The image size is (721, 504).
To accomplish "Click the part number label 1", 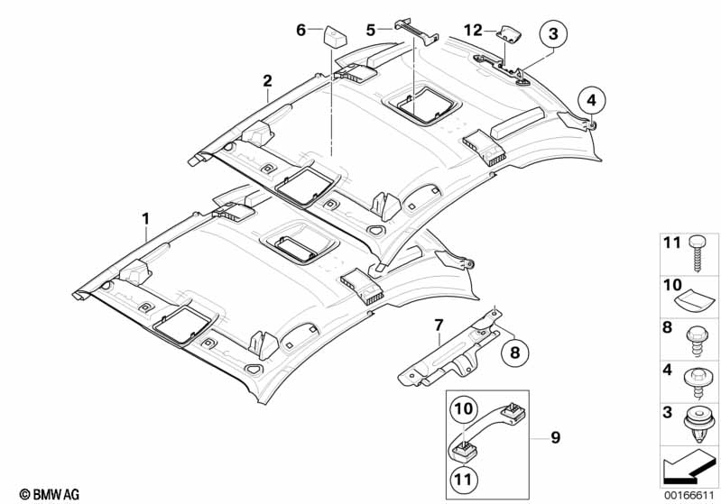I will [x=144, y=217].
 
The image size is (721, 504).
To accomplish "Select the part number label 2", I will [x=267, y=80].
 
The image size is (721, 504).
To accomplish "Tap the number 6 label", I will [x=301, y=30].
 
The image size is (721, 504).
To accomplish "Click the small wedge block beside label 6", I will [x=334, y=36].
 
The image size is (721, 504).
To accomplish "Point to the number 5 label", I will [x=371, y=30].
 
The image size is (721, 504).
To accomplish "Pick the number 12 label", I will [x=473, y=30].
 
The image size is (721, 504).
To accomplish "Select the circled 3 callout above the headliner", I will [x=553, y=35].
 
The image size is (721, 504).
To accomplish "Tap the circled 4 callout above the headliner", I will [x=588, y=98].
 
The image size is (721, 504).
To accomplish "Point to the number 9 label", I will [x=555, y=438].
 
